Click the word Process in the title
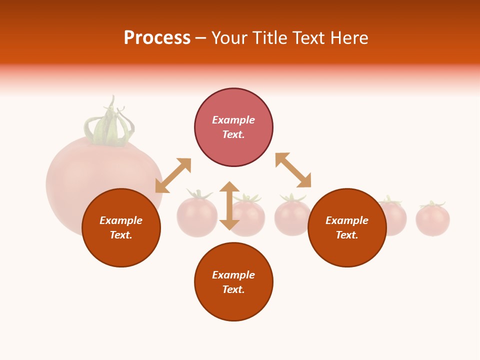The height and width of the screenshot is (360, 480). [157, 38]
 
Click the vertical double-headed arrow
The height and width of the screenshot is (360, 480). [229, 205]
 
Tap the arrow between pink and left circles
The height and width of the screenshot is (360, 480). [173, 175]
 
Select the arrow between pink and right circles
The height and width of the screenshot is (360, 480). [293, 170]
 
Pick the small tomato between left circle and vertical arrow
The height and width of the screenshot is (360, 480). [196, 216]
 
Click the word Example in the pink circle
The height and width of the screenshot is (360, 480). [233, 120]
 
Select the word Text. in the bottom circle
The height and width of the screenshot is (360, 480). [233, 289]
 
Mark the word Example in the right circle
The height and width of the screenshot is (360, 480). [347, 220]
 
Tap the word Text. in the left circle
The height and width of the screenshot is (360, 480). [121, 235]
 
